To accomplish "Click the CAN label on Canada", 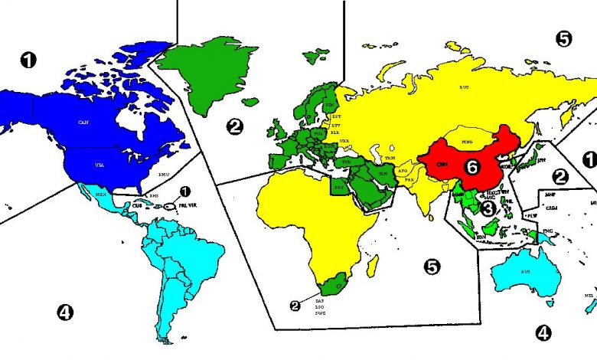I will [x=84, y=123].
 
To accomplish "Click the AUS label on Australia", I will [x=525, y=271].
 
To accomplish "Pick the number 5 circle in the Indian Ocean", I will [x=432, y=266].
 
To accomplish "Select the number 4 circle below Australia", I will [x=543, y=333].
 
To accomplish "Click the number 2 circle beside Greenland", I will [x=236, y=126].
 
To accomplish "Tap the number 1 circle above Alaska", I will [x=28, y=60].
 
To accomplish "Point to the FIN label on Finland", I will [x=330, y=105].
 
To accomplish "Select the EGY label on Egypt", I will [x=338, y=186].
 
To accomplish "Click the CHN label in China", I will [x=442, y=164].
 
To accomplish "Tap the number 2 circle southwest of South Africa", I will [x=295, y=305].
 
